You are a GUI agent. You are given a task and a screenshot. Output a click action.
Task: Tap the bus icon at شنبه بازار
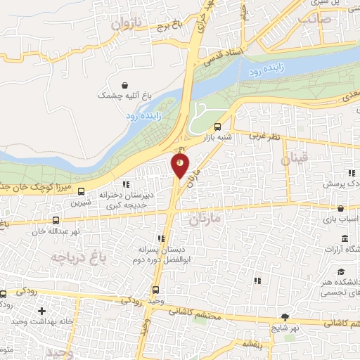tap(217, 127)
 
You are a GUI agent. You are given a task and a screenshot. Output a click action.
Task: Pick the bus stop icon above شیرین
tap(82, 191)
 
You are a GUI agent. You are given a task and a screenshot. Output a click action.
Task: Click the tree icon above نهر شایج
tap(284, 318)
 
